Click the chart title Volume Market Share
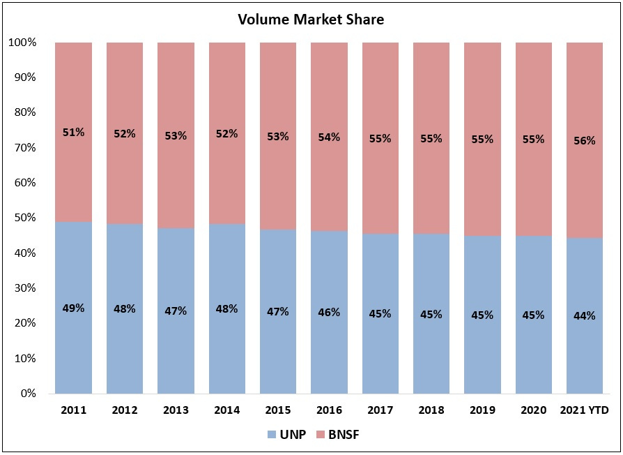click(x=311, y=20)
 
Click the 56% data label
click(x=584, y=140)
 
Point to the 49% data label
click(x=73, y=308)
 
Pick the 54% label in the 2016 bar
click(x=329, y=137)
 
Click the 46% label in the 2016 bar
click(x=329, y=312)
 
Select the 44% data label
click(x=584, y=315)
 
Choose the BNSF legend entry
click(x=338, y=435)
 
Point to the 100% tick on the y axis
click(x=22, y=43)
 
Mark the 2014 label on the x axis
click(x=226, y=410)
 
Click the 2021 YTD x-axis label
click(x=584, y=410)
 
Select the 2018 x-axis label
click(x=431, y=410)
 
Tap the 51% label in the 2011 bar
click(x=73, y=132)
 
